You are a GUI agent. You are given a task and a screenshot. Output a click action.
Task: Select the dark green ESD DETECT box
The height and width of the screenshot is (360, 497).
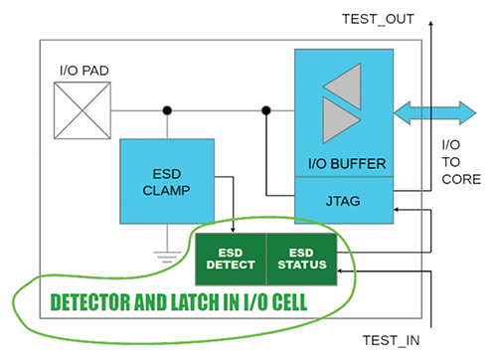[231, 257]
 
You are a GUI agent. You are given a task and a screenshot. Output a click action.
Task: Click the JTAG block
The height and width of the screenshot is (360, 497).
[344, 201]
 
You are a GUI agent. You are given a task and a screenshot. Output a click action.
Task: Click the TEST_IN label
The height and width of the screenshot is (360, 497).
[389, 338]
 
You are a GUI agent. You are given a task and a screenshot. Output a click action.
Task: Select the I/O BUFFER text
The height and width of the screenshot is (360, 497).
[344, 163]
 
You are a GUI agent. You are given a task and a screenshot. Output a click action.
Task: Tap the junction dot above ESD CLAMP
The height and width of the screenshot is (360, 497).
[167, 109]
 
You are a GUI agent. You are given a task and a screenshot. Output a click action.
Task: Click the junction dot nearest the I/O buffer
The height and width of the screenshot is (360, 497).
[265, 109]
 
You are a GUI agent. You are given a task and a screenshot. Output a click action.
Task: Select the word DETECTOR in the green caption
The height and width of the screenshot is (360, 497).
[94, 299]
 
